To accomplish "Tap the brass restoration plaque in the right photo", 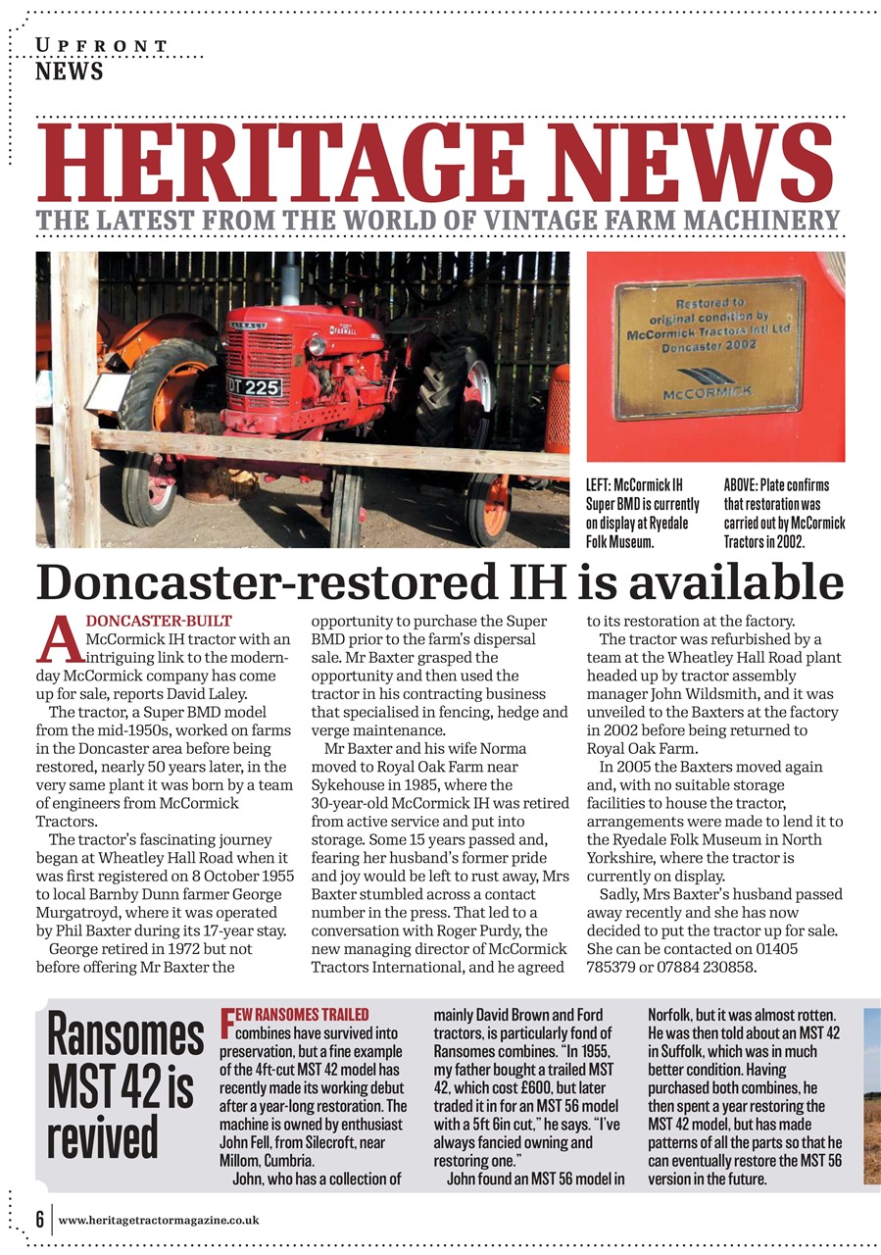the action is (710, 348).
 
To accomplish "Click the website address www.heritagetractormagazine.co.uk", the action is (159, 1220).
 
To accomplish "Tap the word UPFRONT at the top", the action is (102, 46).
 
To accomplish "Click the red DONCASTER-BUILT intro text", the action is (160, 621).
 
